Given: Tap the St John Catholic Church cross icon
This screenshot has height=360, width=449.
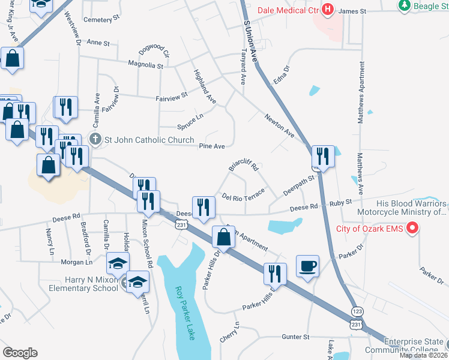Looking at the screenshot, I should [x=95, y=140].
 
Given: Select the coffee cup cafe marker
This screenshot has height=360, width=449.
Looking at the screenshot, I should [x=307, y=266].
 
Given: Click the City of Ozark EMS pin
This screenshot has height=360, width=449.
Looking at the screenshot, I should [x=412, y=228].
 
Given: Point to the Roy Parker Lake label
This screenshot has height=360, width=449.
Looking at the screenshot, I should [x=185, y=313].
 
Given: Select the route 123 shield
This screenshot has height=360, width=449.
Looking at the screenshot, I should [x=357, y=311].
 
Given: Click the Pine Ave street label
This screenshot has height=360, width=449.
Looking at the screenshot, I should [x=211, y=146].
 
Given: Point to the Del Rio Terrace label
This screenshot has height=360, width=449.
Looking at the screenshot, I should [x=243, y=196].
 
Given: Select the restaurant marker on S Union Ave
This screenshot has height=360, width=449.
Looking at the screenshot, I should [x=323, y=157].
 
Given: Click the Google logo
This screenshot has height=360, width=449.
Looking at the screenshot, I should [x=20, y=353].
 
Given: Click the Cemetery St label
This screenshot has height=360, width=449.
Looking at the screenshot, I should [x=98, y=20].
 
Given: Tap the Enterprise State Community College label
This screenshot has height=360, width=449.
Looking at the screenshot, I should [x=408, y=346].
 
